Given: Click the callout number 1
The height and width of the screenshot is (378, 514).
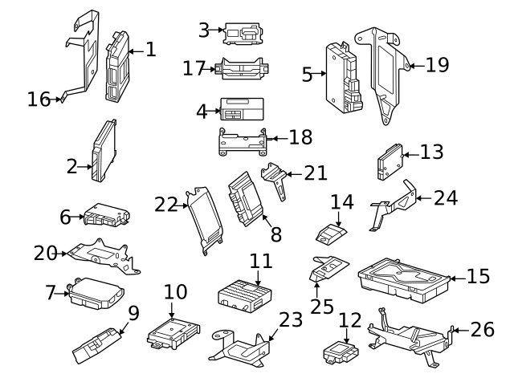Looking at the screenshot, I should tap(150, 50).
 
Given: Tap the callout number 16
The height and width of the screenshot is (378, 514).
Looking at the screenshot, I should tap(38, 99).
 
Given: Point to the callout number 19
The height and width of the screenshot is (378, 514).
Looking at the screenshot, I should tap(437, 64).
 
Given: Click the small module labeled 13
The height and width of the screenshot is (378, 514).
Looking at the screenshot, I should tap(391, 162).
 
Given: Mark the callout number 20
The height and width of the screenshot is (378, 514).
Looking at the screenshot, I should tap(45, 254).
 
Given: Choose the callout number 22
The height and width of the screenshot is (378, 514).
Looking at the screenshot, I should tap(165, 205).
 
